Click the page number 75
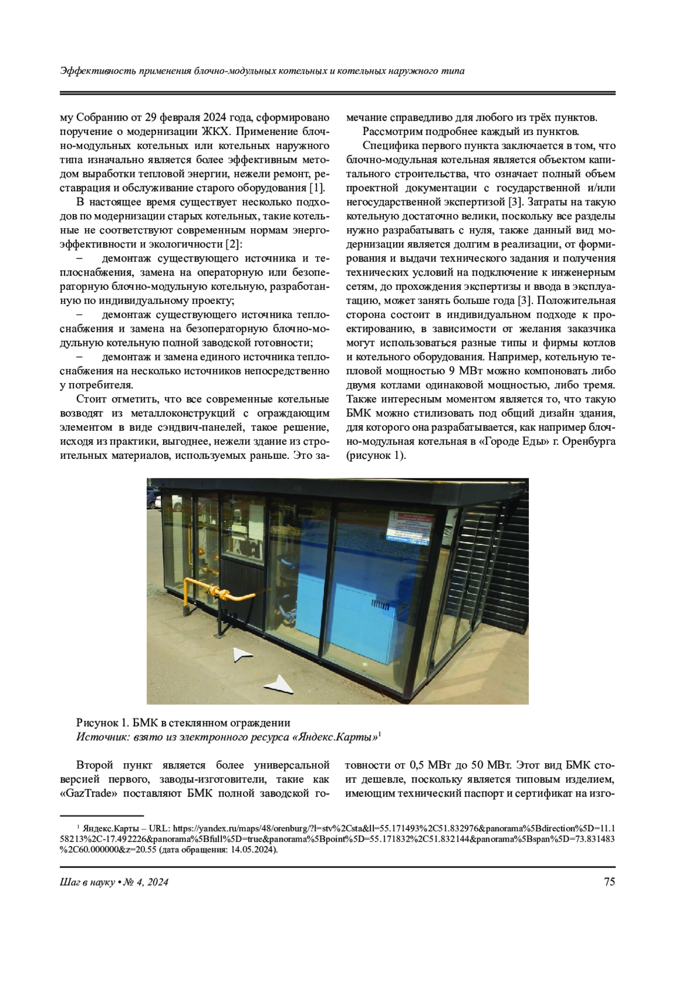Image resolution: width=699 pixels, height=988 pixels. (x=609, y=882)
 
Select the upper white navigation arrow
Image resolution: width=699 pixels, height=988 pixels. (x=240, y=654)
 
